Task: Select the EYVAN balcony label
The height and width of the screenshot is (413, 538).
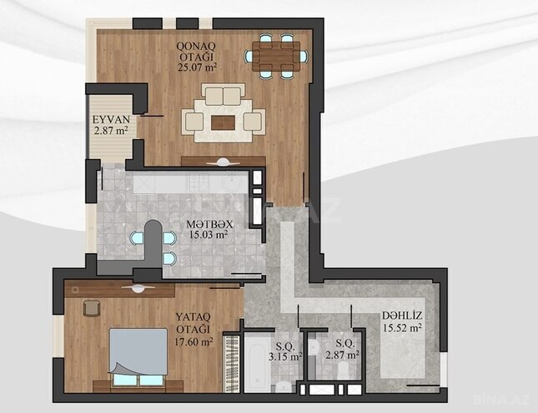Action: (x=108, y=120)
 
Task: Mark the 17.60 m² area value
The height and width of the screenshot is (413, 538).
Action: (x=194, y=341)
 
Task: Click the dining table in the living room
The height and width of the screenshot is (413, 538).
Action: (x=276, y=56)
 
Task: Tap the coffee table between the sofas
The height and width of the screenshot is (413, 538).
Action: (x=223, y=122)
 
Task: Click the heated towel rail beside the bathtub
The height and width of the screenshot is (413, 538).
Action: (x=233, y=363)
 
